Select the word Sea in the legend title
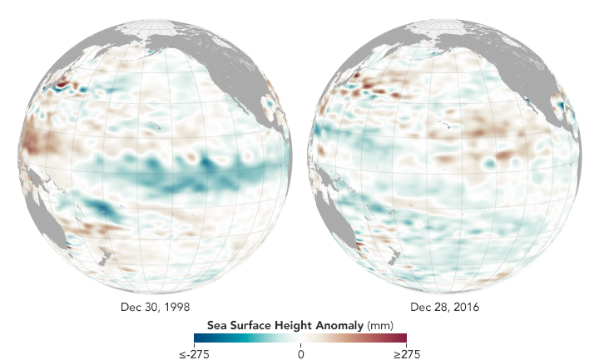222,324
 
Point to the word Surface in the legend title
254,324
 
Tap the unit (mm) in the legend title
377,324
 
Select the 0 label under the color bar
300,353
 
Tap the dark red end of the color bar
403,338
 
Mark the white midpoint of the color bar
300,338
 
